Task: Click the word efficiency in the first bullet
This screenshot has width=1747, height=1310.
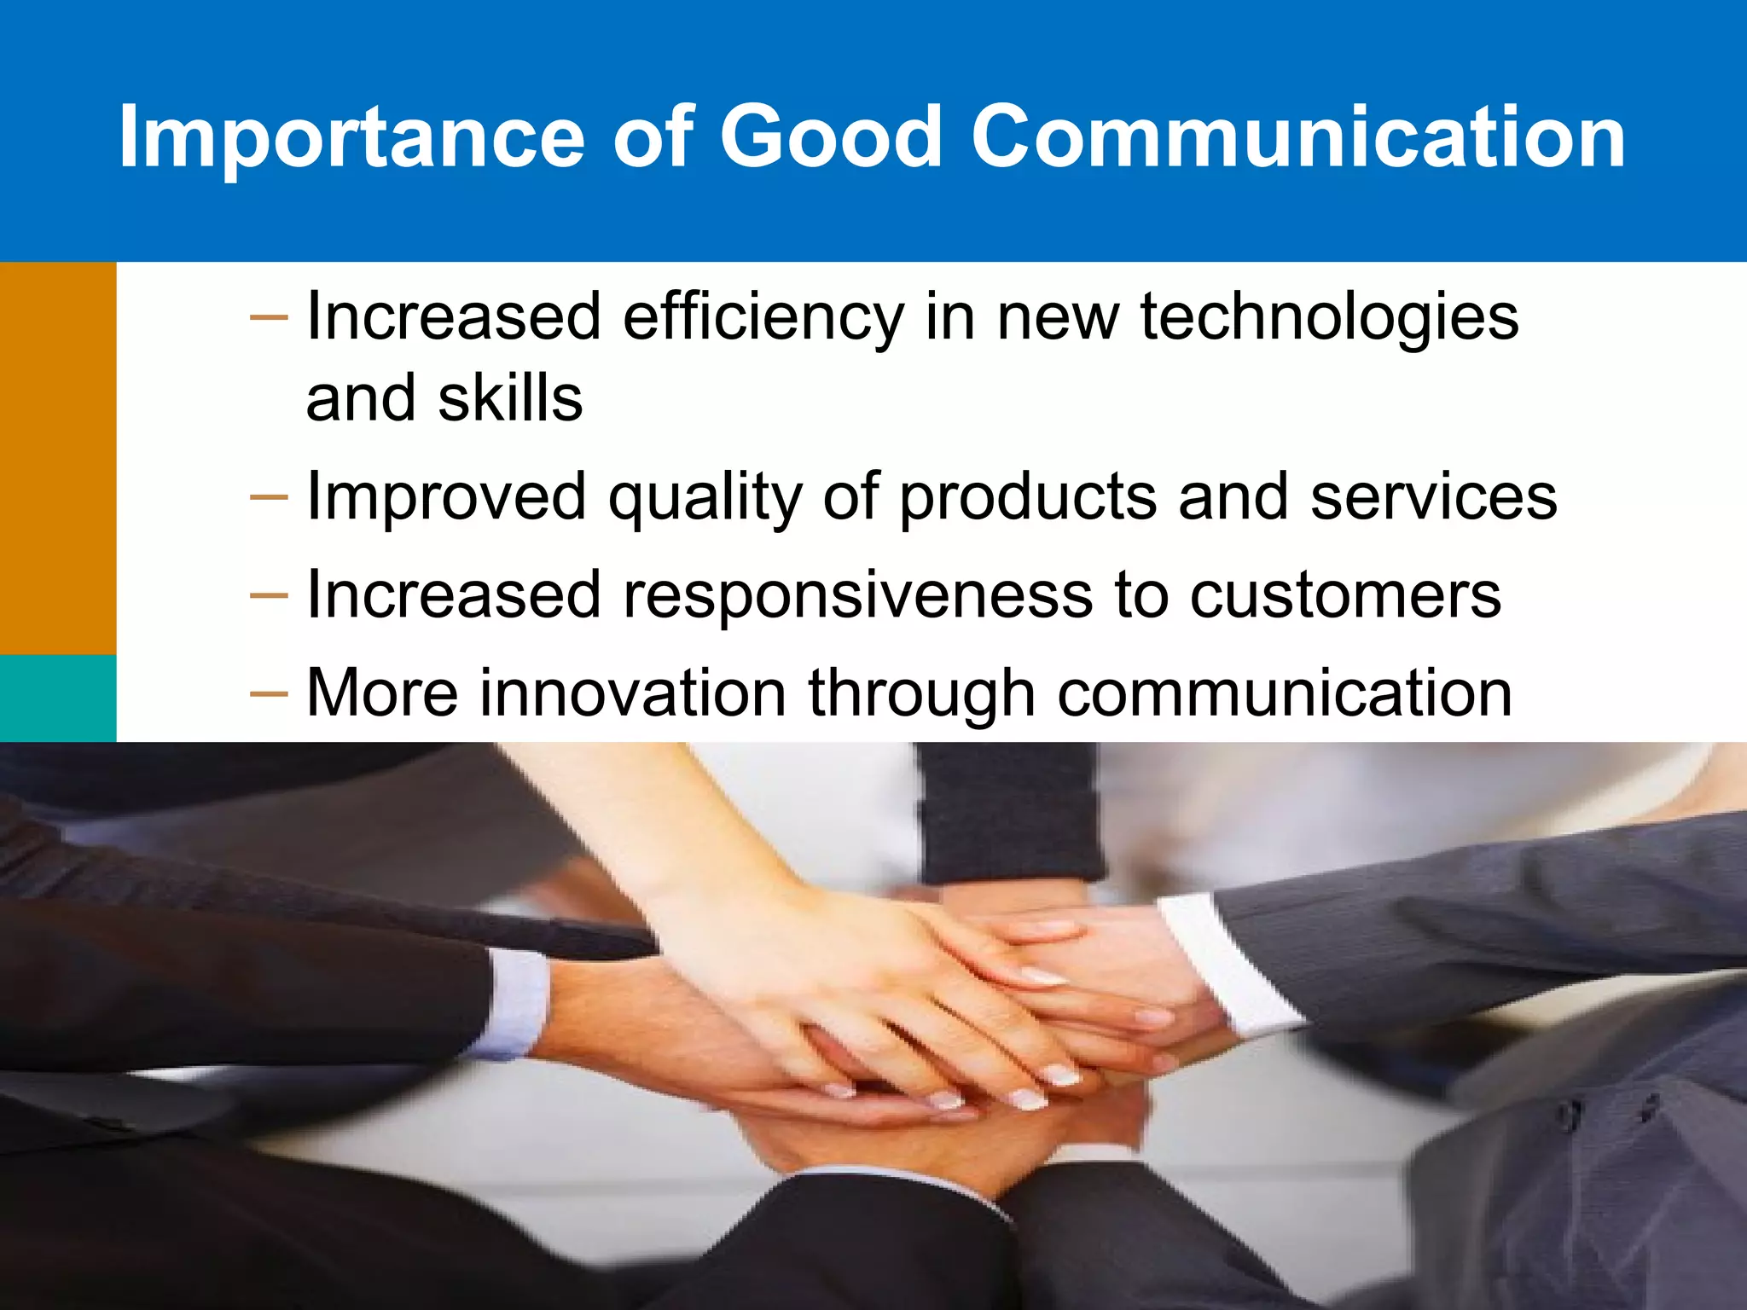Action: point(763,317)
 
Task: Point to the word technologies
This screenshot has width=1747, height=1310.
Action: point(1329,317)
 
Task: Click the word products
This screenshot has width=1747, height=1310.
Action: point(1027,498)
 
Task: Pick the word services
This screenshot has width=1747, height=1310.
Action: point(1433,496)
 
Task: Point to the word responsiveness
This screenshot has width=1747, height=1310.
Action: point(857,595)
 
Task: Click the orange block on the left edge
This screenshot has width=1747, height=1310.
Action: point(57,458)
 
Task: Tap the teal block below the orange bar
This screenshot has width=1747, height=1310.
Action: point(57,698)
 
